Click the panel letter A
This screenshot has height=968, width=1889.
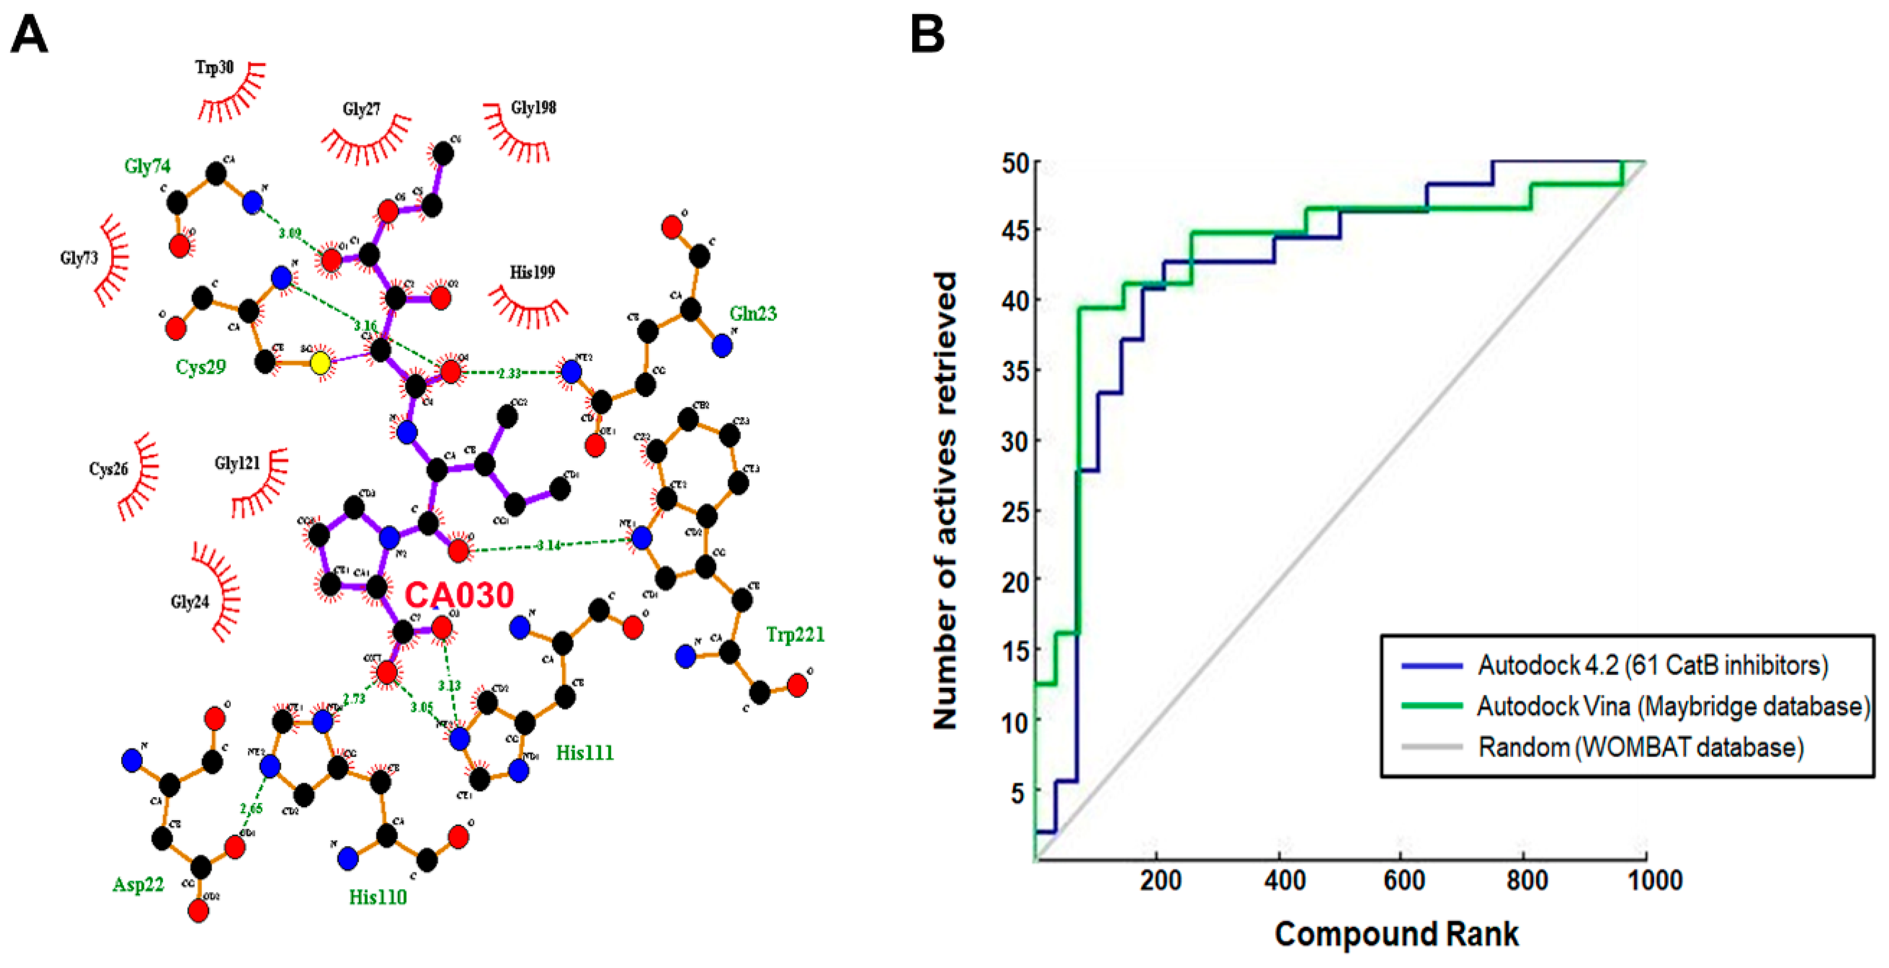(x=29, y=35)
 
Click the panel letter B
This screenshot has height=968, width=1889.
(x=927, y=35)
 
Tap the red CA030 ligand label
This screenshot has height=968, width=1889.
(x=459, y=595)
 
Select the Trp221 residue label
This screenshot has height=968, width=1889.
(x=795, y=634)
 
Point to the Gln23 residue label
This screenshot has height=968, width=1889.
(x=752, y=314)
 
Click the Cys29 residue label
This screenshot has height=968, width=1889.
(x=200, y=367)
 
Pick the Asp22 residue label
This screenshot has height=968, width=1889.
(x=138, y=884)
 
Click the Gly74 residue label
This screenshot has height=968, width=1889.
(x=147, y=167)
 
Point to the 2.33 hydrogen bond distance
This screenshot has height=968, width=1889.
(x=509, y=373)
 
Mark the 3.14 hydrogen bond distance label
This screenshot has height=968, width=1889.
(x=549, y=545)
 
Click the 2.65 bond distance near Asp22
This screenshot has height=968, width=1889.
(x=251, y=809)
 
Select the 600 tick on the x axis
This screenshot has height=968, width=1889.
(x=1403, y=879)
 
